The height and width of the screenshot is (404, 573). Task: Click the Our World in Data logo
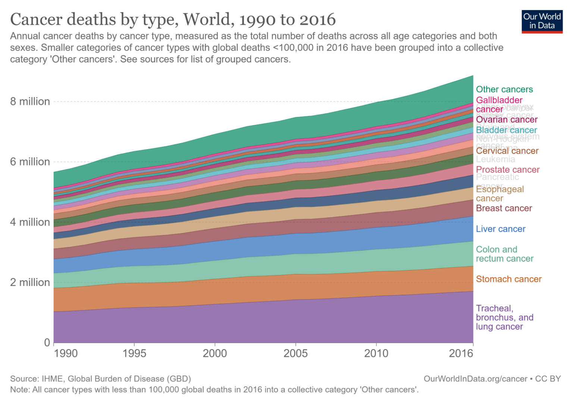pos(542,21)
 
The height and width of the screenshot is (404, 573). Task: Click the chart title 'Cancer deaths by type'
pos(173,19)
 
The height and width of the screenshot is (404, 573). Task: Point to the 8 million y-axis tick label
pos(30,101)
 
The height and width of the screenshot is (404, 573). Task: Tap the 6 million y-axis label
pos(30,162)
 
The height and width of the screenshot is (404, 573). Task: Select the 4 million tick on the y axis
pos(30,222)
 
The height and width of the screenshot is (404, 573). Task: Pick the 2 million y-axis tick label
pos(30,283)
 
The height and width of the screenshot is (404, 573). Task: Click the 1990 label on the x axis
pos(66,353)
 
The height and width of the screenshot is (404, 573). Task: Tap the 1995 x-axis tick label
pos(134,353)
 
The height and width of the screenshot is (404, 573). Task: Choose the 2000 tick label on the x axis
pos(215,353)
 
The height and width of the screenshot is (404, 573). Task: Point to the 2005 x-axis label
pos(295,353)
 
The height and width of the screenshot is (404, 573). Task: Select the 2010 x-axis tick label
pos(376,353)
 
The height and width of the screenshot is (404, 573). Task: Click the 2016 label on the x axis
pos(461,353)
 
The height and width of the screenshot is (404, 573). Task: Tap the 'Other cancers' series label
pos(504,89)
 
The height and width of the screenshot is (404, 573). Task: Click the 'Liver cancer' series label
pos(501,229)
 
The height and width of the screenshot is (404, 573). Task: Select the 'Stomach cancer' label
pos(509,279)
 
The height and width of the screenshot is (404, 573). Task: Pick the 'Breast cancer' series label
pos(504,208)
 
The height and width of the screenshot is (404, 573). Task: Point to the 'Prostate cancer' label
pos(508,170)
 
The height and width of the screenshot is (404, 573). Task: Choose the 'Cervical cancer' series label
pos(507,151)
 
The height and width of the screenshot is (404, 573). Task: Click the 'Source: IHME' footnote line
pos(100,379)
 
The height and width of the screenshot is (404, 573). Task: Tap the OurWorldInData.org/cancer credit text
pos(475,379)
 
